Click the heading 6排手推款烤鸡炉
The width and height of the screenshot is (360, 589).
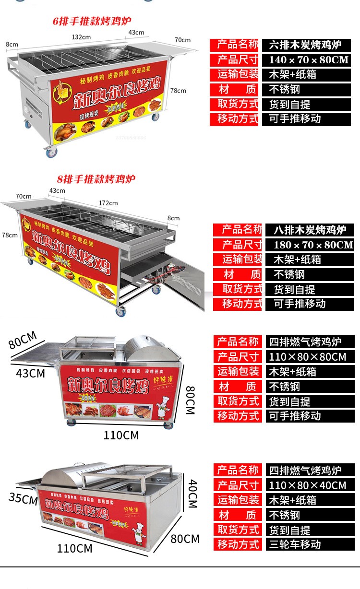[92, 21]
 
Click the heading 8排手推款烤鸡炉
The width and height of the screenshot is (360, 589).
[96, 179]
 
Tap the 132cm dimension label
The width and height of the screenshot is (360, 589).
[81, 37]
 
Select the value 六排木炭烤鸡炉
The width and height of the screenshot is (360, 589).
[305, 45]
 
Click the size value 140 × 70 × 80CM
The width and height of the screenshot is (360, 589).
[309, 60]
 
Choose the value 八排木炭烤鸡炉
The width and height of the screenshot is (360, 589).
[310, 230]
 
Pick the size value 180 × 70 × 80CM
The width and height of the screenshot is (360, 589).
[313, 245]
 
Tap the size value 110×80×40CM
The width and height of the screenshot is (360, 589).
[307, 485]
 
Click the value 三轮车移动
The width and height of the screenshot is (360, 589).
[295, 544]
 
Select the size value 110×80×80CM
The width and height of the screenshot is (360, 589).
[307, 357]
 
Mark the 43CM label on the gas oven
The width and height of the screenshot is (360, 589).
[30, 373]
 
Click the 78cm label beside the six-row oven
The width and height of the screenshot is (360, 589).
[178, 90]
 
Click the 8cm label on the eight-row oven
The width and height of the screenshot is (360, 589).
[173, 218]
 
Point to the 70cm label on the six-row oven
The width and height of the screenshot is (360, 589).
[182, 40]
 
